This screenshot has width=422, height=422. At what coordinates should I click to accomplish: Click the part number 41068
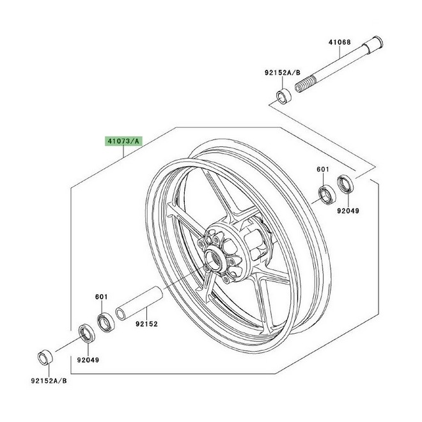click(340, 42)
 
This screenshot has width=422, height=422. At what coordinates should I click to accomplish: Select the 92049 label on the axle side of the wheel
click(349, 209)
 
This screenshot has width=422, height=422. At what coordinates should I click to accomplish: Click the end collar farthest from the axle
click(45, 356)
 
